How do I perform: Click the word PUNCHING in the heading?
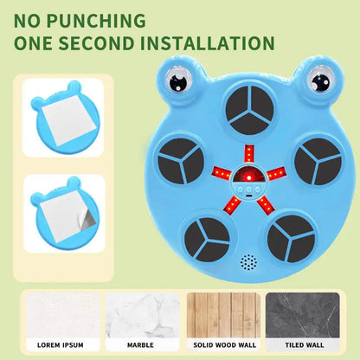(96, 22)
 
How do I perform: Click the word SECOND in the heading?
(96, 43)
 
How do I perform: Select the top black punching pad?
(249, 110)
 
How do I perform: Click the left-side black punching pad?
(181, 161)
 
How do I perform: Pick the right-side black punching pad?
(318, 162)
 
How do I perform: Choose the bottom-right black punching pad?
(291, 239)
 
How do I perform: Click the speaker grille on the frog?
(248, 262)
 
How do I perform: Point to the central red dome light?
(248, 175)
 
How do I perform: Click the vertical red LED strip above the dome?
(249, 154)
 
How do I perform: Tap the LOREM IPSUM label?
(61, 345)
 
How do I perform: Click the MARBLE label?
(140, 345)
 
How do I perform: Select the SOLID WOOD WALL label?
(225, 345)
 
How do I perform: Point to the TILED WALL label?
(305, 345)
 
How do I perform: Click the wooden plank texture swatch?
(223, 315)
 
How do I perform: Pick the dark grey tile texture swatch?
(303, 315)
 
